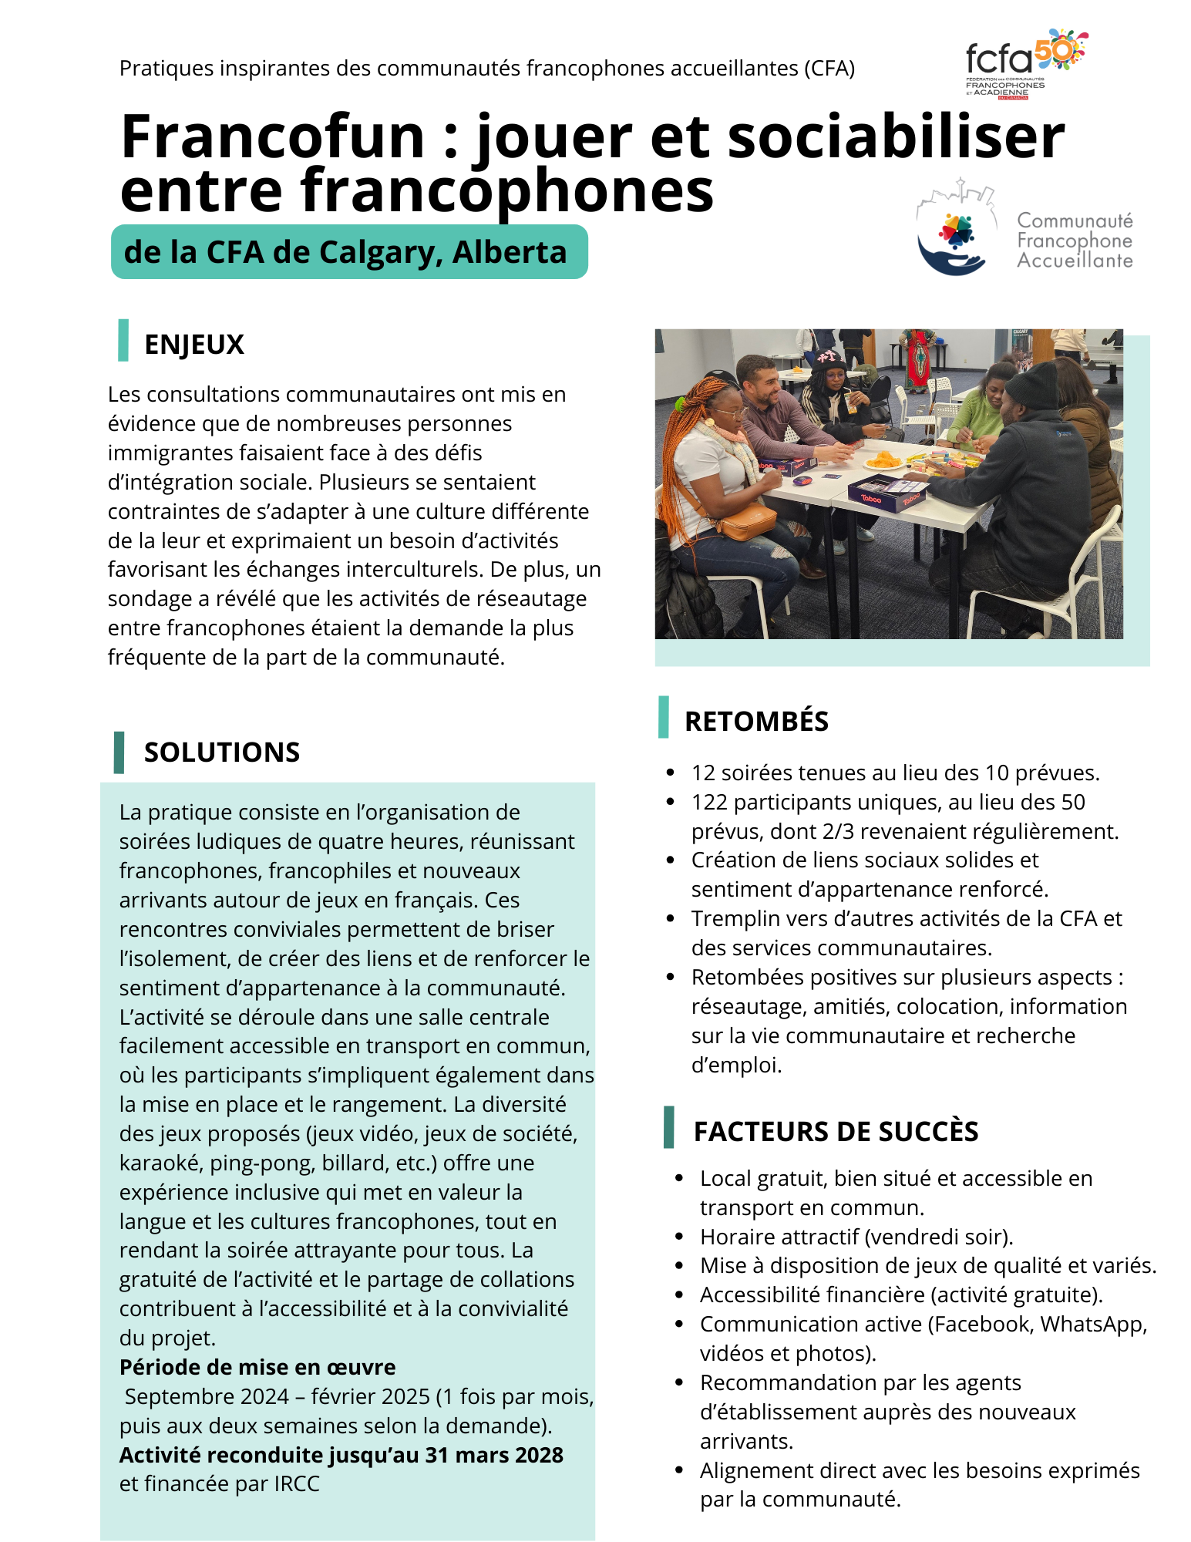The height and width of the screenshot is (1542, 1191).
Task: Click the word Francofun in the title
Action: (273, 137)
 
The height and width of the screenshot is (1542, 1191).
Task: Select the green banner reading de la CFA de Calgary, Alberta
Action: (349, 252)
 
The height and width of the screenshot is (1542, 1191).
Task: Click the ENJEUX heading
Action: (194, 344)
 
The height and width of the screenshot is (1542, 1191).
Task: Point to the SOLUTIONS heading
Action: (222, 752)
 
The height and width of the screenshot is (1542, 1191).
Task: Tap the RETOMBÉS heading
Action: (756, 721)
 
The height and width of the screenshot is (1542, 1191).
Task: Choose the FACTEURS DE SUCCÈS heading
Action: (836, 1131)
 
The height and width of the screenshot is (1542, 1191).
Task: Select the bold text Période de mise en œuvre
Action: (257, 1367)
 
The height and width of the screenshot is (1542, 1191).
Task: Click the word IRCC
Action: (297, 1484)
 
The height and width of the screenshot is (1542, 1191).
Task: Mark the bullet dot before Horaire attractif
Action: (679, 1237)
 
